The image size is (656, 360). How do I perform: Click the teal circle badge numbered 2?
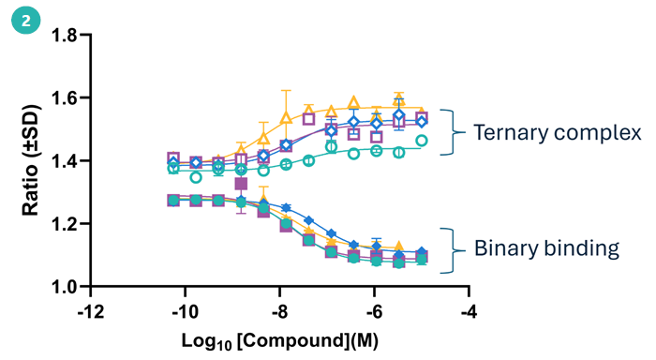20,19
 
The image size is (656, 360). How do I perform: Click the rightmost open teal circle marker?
422,141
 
